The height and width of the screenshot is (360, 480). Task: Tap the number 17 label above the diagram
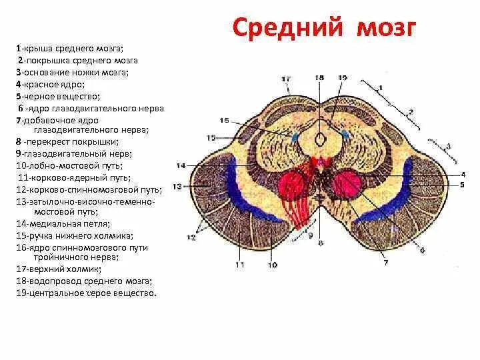click(x=286, y=79)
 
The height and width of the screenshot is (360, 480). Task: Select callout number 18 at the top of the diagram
click(x=319, y=78)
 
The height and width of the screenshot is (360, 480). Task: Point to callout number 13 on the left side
click(x=177, y=187)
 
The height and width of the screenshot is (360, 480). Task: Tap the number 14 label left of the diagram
click(x=180, y=165)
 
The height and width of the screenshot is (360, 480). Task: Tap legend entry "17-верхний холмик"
click(x=60, y=269)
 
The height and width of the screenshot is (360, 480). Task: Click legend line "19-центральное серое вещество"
click(x=87, y=293)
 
